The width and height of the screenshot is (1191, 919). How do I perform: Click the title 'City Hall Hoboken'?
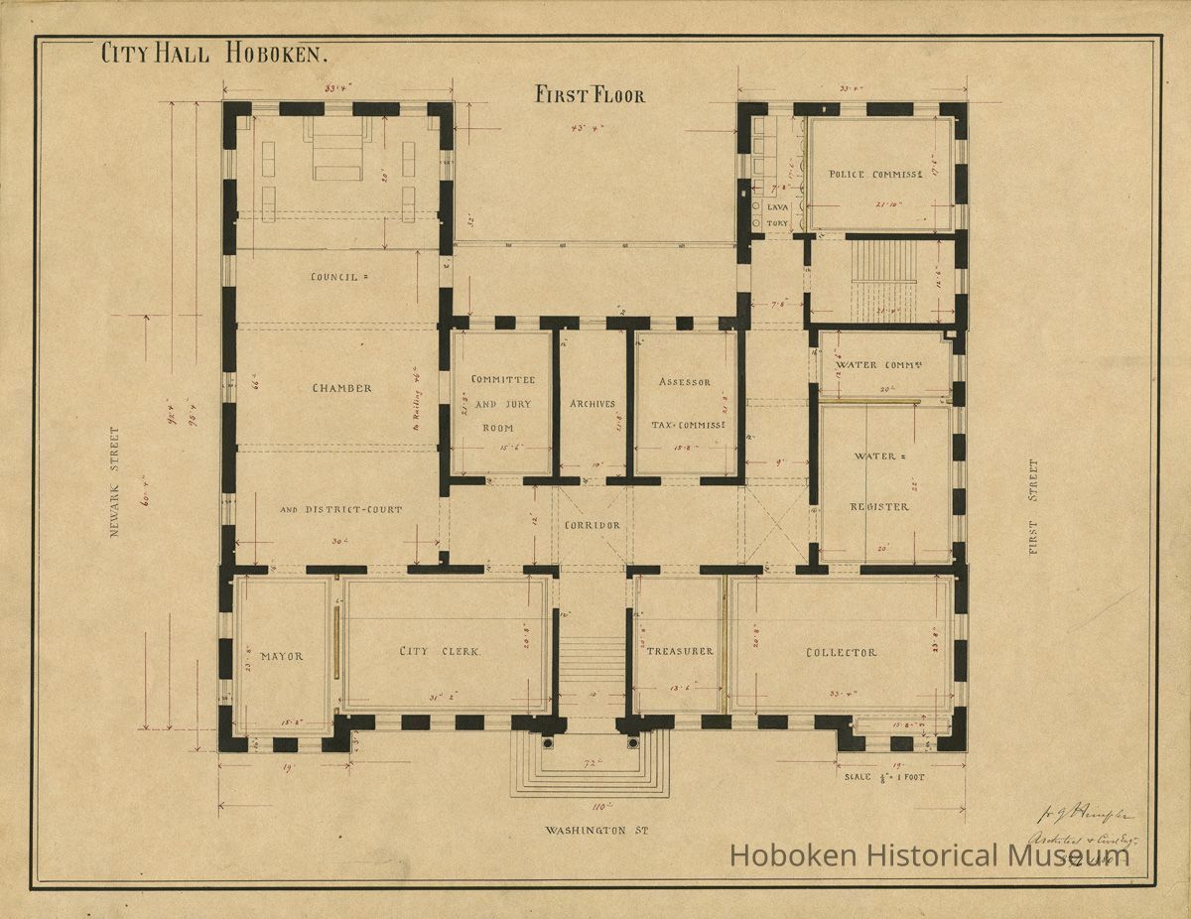(x=213, y=55)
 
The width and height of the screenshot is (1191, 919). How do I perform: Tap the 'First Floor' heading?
(x=590, y=95)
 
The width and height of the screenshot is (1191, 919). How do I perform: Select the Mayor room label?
(x=281, y=656)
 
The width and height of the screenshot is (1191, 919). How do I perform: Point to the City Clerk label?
(x=440, y=652)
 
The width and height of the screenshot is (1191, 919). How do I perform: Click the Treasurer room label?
(x=679, y=651)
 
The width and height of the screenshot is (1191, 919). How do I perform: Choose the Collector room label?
(x=841, y=652)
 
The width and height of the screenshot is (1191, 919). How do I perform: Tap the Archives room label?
(x=592, y=404)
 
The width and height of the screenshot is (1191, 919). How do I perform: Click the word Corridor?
(x=592, y=525)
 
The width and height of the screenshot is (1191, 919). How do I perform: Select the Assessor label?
(x=685, y=382)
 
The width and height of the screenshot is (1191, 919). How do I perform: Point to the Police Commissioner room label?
(x=876, y=175)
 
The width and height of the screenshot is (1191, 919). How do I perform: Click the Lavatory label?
(x=776, y=215)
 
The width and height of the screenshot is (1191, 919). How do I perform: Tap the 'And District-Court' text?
(x=340, y=510)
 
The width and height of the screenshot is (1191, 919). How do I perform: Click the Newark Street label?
(x=114, y=482)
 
